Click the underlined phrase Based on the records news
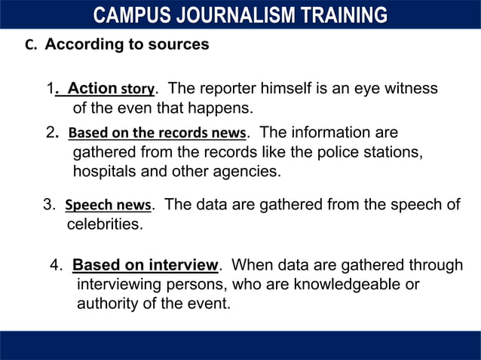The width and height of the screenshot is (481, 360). tap(157, 134)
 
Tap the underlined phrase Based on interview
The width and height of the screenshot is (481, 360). tap(145, 265)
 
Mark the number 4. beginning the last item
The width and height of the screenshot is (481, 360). tap(56, 265)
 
